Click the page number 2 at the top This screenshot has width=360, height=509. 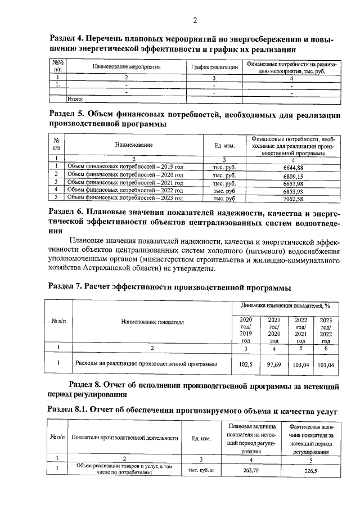coord(195,21)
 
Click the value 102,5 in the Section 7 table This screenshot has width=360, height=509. coord(246,364)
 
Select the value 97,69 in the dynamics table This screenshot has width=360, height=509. coord(273,364)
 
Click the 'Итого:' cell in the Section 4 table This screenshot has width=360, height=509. coord(75,99)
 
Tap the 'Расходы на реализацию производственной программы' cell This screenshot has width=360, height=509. coord(146,364)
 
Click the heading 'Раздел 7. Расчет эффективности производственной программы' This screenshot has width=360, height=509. coord(170,288)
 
